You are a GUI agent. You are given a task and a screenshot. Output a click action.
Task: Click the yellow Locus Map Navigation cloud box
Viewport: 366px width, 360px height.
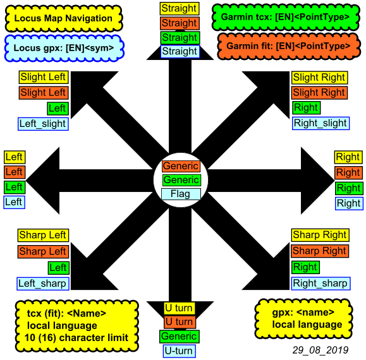(x=63, y=18)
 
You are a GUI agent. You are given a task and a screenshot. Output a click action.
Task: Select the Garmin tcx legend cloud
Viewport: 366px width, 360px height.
(x=286, y=17)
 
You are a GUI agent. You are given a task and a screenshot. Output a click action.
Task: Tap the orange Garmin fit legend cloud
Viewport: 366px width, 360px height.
(x=289, y=46)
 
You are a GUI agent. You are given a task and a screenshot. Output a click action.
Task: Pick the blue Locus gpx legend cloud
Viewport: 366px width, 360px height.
(x=64, y=48)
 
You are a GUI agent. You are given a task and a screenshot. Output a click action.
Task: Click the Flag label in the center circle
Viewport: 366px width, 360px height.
(x=181, y=194)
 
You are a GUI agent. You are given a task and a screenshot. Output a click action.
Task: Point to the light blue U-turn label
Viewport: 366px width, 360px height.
(x=179, y=351)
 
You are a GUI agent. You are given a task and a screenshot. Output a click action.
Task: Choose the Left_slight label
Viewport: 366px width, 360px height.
(x=43, y=124)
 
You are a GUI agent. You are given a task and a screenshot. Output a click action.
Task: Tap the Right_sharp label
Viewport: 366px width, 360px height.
(x=320, y=284)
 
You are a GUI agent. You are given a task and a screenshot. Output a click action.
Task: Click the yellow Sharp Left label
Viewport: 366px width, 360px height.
(x=43, y=235)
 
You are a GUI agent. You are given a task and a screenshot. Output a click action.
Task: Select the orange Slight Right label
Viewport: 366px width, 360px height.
(x=319, y=93)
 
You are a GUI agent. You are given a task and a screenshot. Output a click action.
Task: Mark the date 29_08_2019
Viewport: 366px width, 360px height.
(x=320, y=350)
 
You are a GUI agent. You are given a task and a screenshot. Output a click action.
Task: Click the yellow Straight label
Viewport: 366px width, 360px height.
(x=180, y=9)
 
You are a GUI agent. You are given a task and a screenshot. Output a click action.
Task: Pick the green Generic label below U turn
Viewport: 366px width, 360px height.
(x=180, y=337)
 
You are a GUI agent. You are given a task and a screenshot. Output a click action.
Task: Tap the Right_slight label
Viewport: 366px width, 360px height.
(x=320, y=123)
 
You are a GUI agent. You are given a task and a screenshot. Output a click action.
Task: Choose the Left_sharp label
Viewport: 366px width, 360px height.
(x=43, y=284)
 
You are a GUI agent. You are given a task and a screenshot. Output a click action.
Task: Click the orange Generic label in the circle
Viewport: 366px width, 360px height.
(x=181, y=166)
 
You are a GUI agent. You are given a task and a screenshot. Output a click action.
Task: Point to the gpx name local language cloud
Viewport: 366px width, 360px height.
(x=303, y=319)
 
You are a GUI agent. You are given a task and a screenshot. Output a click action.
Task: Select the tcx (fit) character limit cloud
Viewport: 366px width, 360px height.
(x=76, y=326)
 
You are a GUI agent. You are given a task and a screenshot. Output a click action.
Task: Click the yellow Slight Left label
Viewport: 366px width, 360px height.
(x=44, y=77)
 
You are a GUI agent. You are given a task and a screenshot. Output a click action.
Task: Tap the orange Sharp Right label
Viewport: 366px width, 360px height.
(x=320, y=251)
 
